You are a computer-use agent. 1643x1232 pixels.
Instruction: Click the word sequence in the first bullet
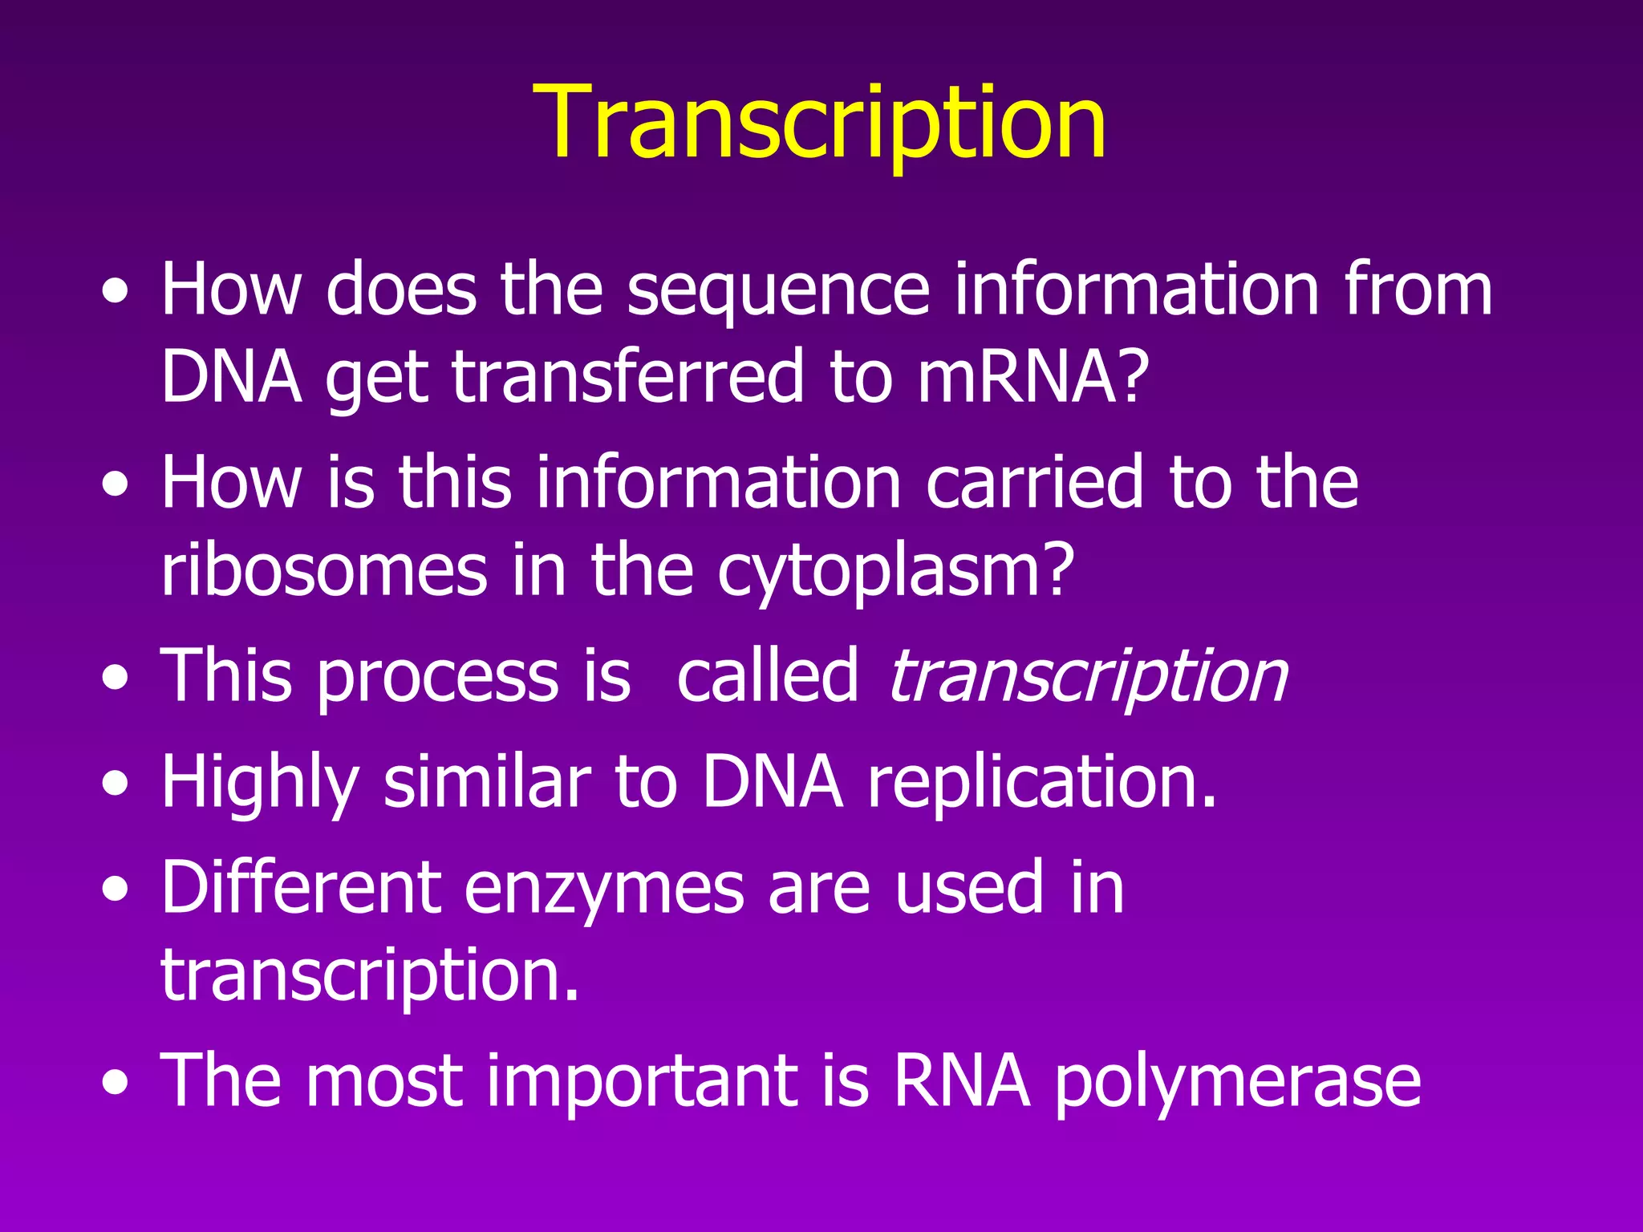[x=777, y=290]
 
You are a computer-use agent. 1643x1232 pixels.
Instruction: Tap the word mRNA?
[x=1032, y=377]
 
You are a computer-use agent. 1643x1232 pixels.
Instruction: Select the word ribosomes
[x=323, y=570]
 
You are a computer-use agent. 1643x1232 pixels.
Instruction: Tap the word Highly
[x=259, y=783]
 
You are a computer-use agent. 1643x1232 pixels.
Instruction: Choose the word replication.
[x=1041, y=783]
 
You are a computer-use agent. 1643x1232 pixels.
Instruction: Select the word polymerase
[x=1237, y=1083]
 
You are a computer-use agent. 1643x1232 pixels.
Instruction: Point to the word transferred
[x=627, y=377]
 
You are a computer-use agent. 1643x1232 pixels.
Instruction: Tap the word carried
[x=1034, y=483]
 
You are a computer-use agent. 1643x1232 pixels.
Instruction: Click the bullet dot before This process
[x=116, y=679]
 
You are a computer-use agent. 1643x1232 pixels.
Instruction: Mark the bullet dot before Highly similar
[x=116, y=784]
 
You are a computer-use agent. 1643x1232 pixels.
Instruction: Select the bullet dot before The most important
[x=116, y=1084]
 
